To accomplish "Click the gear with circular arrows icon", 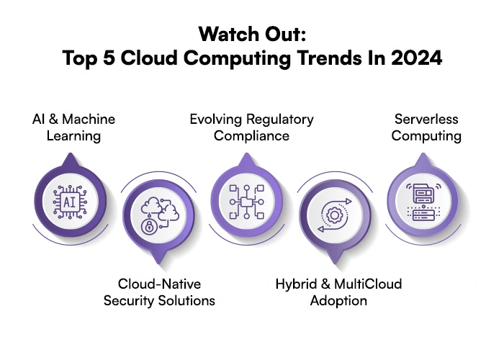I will coord(333,215).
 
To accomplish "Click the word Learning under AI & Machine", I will coord(73,135).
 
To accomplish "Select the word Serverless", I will coord(427,119).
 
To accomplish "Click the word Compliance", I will coord(251,135).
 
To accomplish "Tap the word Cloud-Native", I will coord(159,284).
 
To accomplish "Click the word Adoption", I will coord(338,300).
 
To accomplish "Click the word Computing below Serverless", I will coord(426,135).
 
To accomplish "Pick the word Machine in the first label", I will coord(89,119).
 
